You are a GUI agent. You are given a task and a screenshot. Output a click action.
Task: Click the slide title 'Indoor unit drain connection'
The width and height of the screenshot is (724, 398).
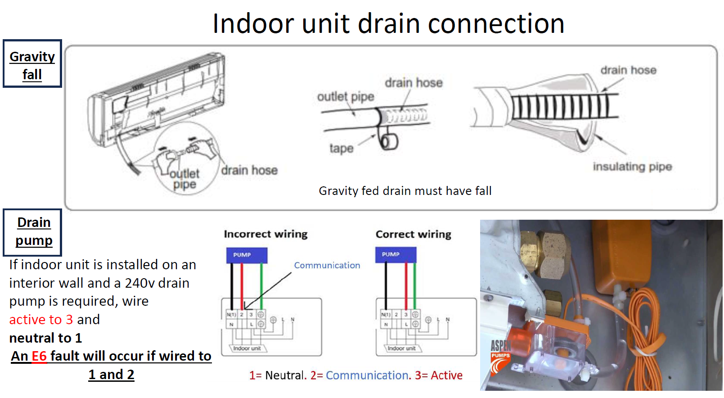coord(388,23)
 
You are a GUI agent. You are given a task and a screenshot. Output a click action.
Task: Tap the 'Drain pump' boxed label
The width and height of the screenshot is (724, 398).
coord(33,231)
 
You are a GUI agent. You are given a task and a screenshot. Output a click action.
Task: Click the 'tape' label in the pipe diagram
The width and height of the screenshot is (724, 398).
coord(341,148)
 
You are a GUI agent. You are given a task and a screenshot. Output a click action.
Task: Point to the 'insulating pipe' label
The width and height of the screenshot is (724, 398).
coord(632,167)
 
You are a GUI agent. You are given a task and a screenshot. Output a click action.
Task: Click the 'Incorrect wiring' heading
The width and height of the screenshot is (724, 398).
coord(265,234)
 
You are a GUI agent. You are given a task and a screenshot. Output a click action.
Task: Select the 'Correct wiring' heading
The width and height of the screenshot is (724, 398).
coord(413,234)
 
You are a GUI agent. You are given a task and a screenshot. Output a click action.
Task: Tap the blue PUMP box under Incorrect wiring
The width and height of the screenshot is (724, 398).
coord(247,255)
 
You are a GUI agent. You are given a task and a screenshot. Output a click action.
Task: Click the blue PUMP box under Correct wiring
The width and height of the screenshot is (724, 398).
coord(396,254)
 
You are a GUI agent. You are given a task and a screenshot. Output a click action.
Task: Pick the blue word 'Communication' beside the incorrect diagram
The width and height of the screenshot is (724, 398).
coord(327,266)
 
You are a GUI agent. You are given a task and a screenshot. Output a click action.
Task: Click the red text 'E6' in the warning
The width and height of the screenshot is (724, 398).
coord(39,356)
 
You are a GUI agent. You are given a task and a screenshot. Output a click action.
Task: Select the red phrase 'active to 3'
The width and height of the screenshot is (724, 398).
coord(41,320)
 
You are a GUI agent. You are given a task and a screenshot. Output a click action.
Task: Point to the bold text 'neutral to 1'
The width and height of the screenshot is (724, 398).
coord(45,338)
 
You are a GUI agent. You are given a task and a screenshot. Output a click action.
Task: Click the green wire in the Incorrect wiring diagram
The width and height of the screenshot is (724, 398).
coord(261,284)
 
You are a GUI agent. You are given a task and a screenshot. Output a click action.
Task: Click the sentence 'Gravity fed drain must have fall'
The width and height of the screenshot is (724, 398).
coord(405,191)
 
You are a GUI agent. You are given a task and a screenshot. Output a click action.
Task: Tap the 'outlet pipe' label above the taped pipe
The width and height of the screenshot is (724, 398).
coord(346,97)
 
